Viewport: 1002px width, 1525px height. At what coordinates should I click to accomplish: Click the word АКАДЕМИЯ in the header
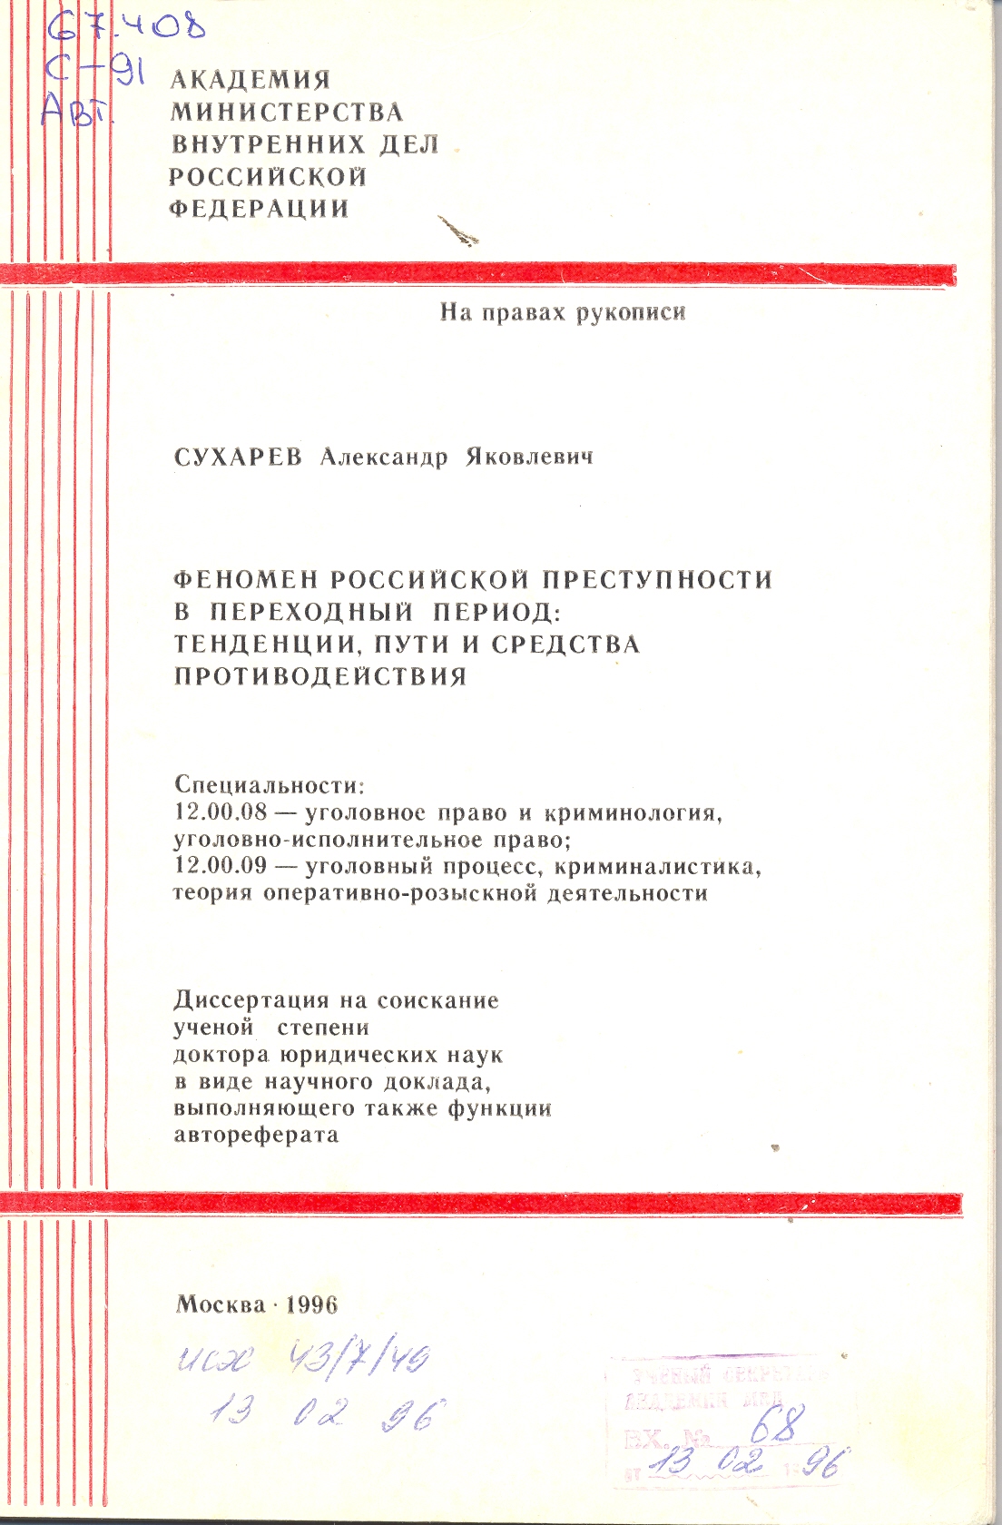(250, 80)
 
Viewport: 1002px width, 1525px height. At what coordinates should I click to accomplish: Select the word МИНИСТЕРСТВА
(287, 112)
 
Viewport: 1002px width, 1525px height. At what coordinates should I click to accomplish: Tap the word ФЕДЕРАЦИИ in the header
(260, 208)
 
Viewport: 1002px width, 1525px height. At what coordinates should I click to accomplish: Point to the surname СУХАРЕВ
(237, 457)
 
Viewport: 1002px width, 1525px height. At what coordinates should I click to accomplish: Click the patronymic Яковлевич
(529, 457)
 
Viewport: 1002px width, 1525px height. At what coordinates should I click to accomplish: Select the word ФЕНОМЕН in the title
(245, 579)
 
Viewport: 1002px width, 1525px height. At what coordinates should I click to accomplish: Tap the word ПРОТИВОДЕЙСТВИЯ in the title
(320, 676)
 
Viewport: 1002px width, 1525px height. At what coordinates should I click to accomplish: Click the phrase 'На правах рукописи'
(563, 312)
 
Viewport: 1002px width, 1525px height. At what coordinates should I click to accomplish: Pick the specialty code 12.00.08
(221, 812)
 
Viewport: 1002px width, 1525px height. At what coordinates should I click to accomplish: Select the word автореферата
(256, 1135)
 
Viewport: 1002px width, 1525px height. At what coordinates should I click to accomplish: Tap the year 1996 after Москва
(311, 1304)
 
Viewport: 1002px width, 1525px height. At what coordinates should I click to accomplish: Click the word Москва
(221, 1304)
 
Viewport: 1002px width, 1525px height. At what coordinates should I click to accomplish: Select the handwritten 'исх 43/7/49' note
(302, 1361)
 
